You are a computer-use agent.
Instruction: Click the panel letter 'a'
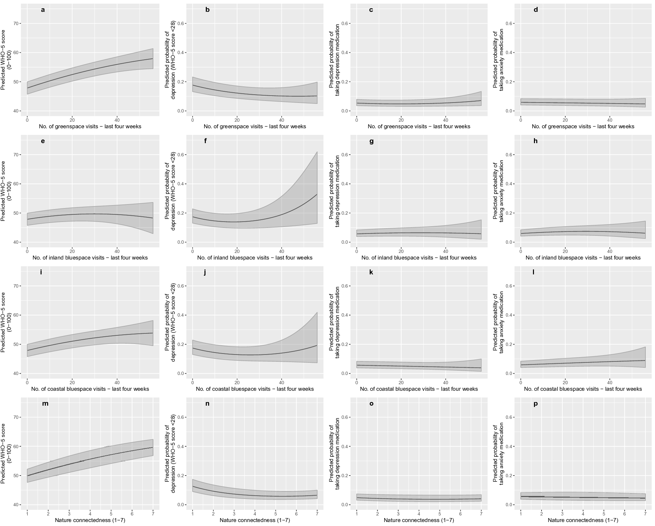(x=43, y=10)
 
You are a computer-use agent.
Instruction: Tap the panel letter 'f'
(x=205, y=141)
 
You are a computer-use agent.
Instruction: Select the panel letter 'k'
(x=371, y=272)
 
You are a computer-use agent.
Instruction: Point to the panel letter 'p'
(x=536, y=404)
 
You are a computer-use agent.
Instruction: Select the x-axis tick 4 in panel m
(x=90, y=514)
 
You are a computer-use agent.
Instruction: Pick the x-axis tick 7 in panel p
(x=645, y=514)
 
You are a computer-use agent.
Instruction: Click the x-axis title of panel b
(x=255, y=127)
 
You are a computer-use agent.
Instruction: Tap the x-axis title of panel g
(x=419, y=258)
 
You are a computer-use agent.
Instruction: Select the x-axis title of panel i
(x=90, y=389)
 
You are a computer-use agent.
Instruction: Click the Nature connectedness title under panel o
(x=419, y=520)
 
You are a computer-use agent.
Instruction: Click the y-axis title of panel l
(x=498, y=323)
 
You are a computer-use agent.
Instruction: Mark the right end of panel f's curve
(x=317, y=194)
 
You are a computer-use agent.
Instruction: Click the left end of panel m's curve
(x=27, y=476)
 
